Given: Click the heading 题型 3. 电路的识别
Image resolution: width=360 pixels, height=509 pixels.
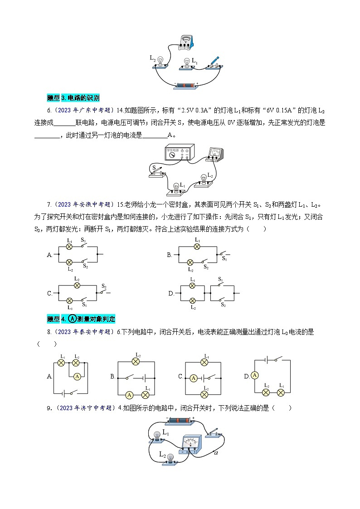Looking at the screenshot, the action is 73,97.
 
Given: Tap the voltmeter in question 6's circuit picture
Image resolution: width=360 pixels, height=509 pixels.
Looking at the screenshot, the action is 213,154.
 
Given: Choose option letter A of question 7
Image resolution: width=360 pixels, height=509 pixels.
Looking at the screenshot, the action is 50,255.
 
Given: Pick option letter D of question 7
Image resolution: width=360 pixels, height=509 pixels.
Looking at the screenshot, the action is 171,293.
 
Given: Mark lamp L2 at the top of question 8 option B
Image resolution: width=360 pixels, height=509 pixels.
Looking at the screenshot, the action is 135,362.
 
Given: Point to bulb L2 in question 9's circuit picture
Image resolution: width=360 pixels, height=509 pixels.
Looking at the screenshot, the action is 170,458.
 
